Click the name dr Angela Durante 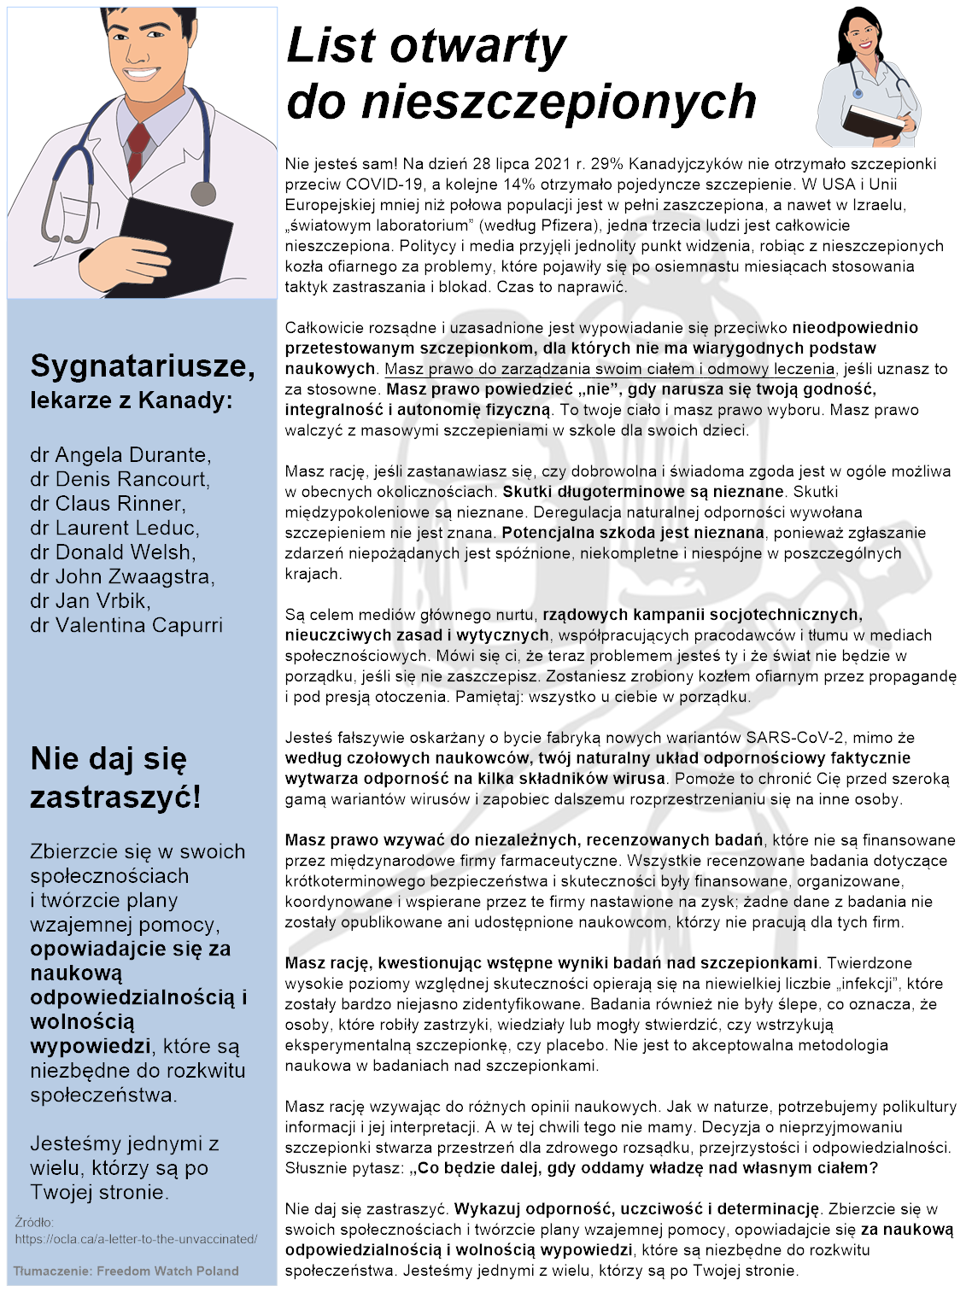point(120,455)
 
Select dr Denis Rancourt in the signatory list point(120,479)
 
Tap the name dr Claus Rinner point(108,504)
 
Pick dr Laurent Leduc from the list point(114,529)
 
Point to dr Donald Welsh point(113,552)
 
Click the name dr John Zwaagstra point(122,577)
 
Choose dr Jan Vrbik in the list point(91,601)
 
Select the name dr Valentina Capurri point(126,626)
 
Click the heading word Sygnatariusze point(142,366)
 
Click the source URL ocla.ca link point(136,1239)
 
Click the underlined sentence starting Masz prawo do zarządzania point(609,369)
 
